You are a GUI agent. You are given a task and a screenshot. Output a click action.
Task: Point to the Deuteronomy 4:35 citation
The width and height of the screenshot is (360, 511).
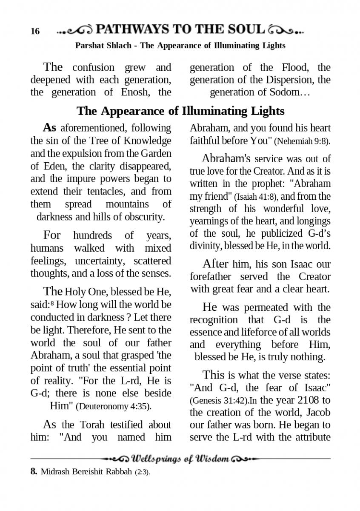113,406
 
